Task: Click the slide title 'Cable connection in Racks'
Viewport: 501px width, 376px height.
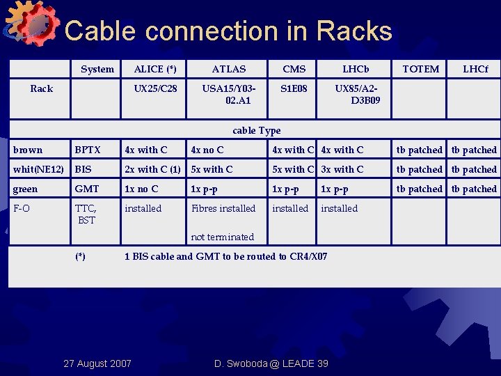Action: [x=228, y=31]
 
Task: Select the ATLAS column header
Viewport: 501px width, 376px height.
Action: [x=229, y=69]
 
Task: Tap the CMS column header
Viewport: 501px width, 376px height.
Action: [x=294, y=69]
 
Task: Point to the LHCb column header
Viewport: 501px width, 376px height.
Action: [x=356, y=69]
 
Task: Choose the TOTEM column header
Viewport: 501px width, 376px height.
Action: [x=421, y=69]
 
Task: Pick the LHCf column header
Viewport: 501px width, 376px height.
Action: [x=476, y=69]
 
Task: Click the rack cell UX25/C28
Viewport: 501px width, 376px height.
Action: [x=155, y=88]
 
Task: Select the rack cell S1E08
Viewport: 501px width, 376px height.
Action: [x=294, y=88]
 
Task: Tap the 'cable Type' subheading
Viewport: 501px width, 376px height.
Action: [x=257, y=130]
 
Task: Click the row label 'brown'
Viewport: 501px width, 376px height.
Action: [x=28, y=150]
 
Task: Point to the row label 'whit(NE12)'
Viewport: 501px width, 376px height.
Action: [x=38, y=169]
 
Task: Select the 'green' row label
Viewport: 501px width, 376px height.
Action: [x=26, y=189]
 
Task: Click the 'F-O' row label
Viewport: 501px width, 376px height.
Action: [x=22, y=208]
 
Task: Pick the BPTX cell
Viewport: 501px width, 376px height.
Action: [x=88, y=150]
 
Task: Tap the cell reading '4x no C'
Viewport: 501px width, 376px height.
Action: [x=207, y=150]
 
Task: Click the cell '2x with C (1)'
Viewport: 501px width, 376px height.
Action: [x=152, y=169]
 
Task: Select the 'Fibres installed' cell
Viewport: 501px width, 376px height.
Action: [x=223, y=208]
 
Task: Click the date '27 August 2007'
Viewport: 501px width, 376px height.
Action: [x=97, y=363]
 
